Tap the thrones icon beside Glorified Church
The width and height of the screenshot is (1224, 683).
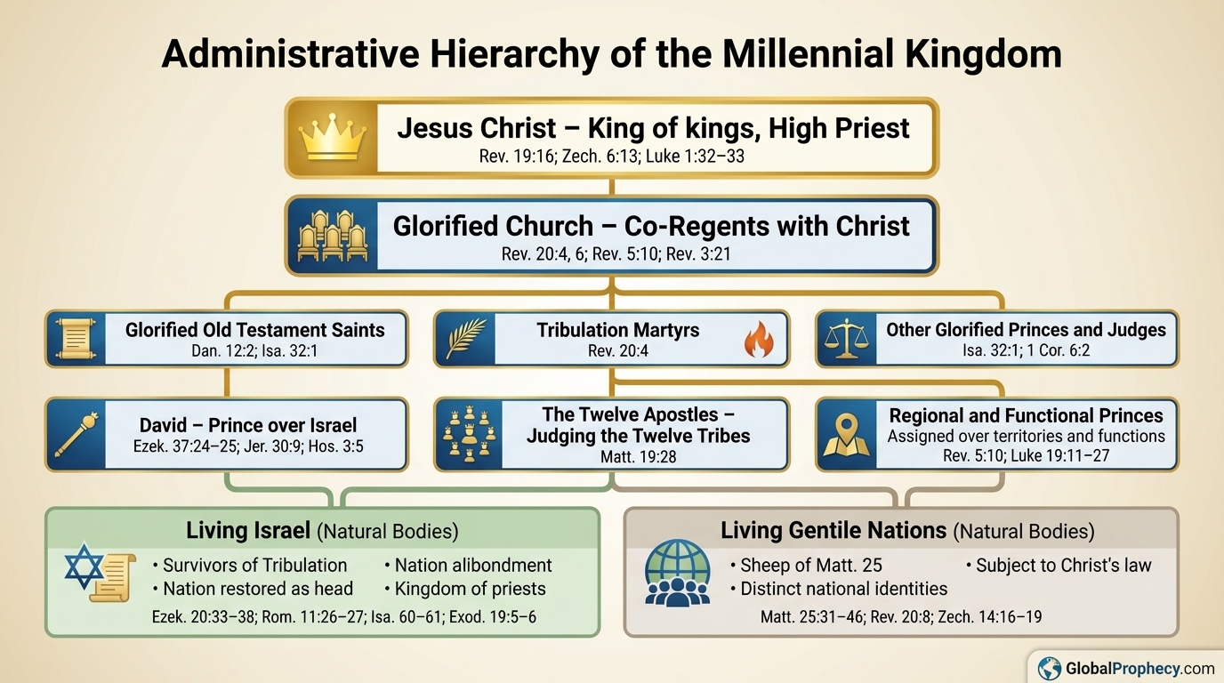click(x=332, y=236)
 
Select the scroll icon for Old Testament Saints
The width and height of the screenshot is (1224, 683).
click(x=75, y=339)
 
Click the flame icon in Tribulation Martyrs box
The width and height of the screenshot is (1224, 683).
click(x=758, y=341)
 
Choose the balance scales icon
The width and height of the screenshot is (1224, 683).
click(x=846, y=339)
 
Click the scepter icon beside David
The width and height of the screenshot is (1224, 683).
click(x=76, y=434)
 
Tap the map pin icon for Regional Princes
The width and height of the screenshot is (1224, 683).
click(x=846, y=434)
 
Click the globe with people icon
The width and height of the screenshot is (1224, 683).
click(x=678, y=574)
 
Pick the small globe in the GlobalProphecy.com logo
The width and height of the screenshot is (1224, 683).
click(x=1050, y=668)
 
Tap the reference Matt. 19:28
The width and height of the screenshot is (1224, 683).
click(x=638, y=458)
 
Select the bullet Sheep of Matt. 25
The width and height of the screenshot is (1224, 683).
click(x=806, y=566)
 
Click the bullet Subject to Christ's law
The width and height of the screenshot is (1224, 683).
click(x=1059, y=566)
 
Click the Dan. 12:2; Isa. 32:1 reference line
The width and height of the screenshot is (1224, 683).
click(x=254, y=351)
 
